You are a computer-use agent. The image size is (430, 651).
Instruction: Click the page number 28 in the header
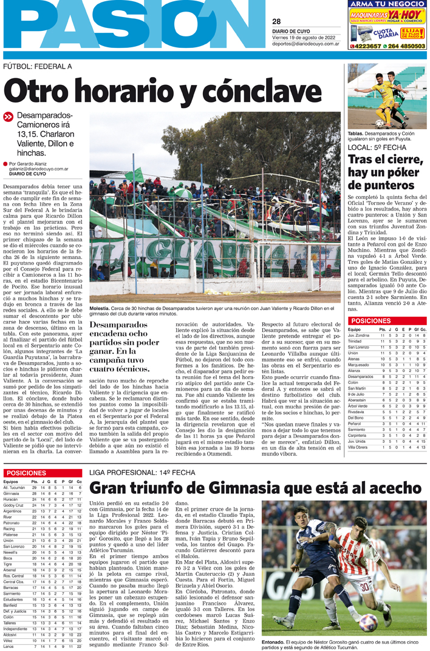pyautogui.click(x=277, y=22)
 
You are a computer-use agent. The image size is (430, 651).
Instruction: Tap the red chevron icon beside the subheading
pyautogui.click(x=8, y=116)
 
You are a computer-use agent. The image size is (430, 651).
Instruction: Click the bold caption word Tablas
pyautogui.click(x=356, y=133)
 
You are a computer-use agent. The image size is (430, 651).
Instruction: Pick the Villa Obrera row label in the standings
pyautogui.click(x=358, y=448)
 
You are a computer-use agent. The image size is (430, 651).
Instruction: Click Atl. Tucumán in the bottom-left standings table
pyautogui.click(x=14, y=488)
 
